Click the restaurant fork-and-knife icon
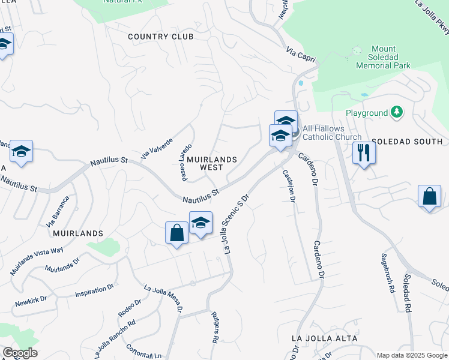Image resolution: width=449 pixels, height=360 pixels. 364,152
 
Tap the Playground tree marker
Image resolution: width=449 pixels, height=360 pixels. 396,112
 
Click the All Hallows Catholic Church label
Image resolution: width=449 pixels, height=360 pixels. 332,133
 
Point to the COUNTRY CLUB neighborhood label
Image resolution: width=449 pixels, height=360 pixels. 161,37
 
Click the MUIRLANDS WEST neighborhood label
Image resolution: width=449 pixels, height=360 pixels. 211,164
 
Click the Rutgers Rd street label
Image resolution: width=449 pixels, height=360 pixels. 214,327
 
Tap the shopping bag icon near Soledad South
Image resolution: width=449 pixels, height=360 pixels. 429,197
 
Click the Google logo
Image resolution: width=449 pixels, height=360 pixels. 20,353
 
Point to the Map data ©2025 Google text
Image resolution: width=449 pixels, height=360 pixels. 412,355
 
